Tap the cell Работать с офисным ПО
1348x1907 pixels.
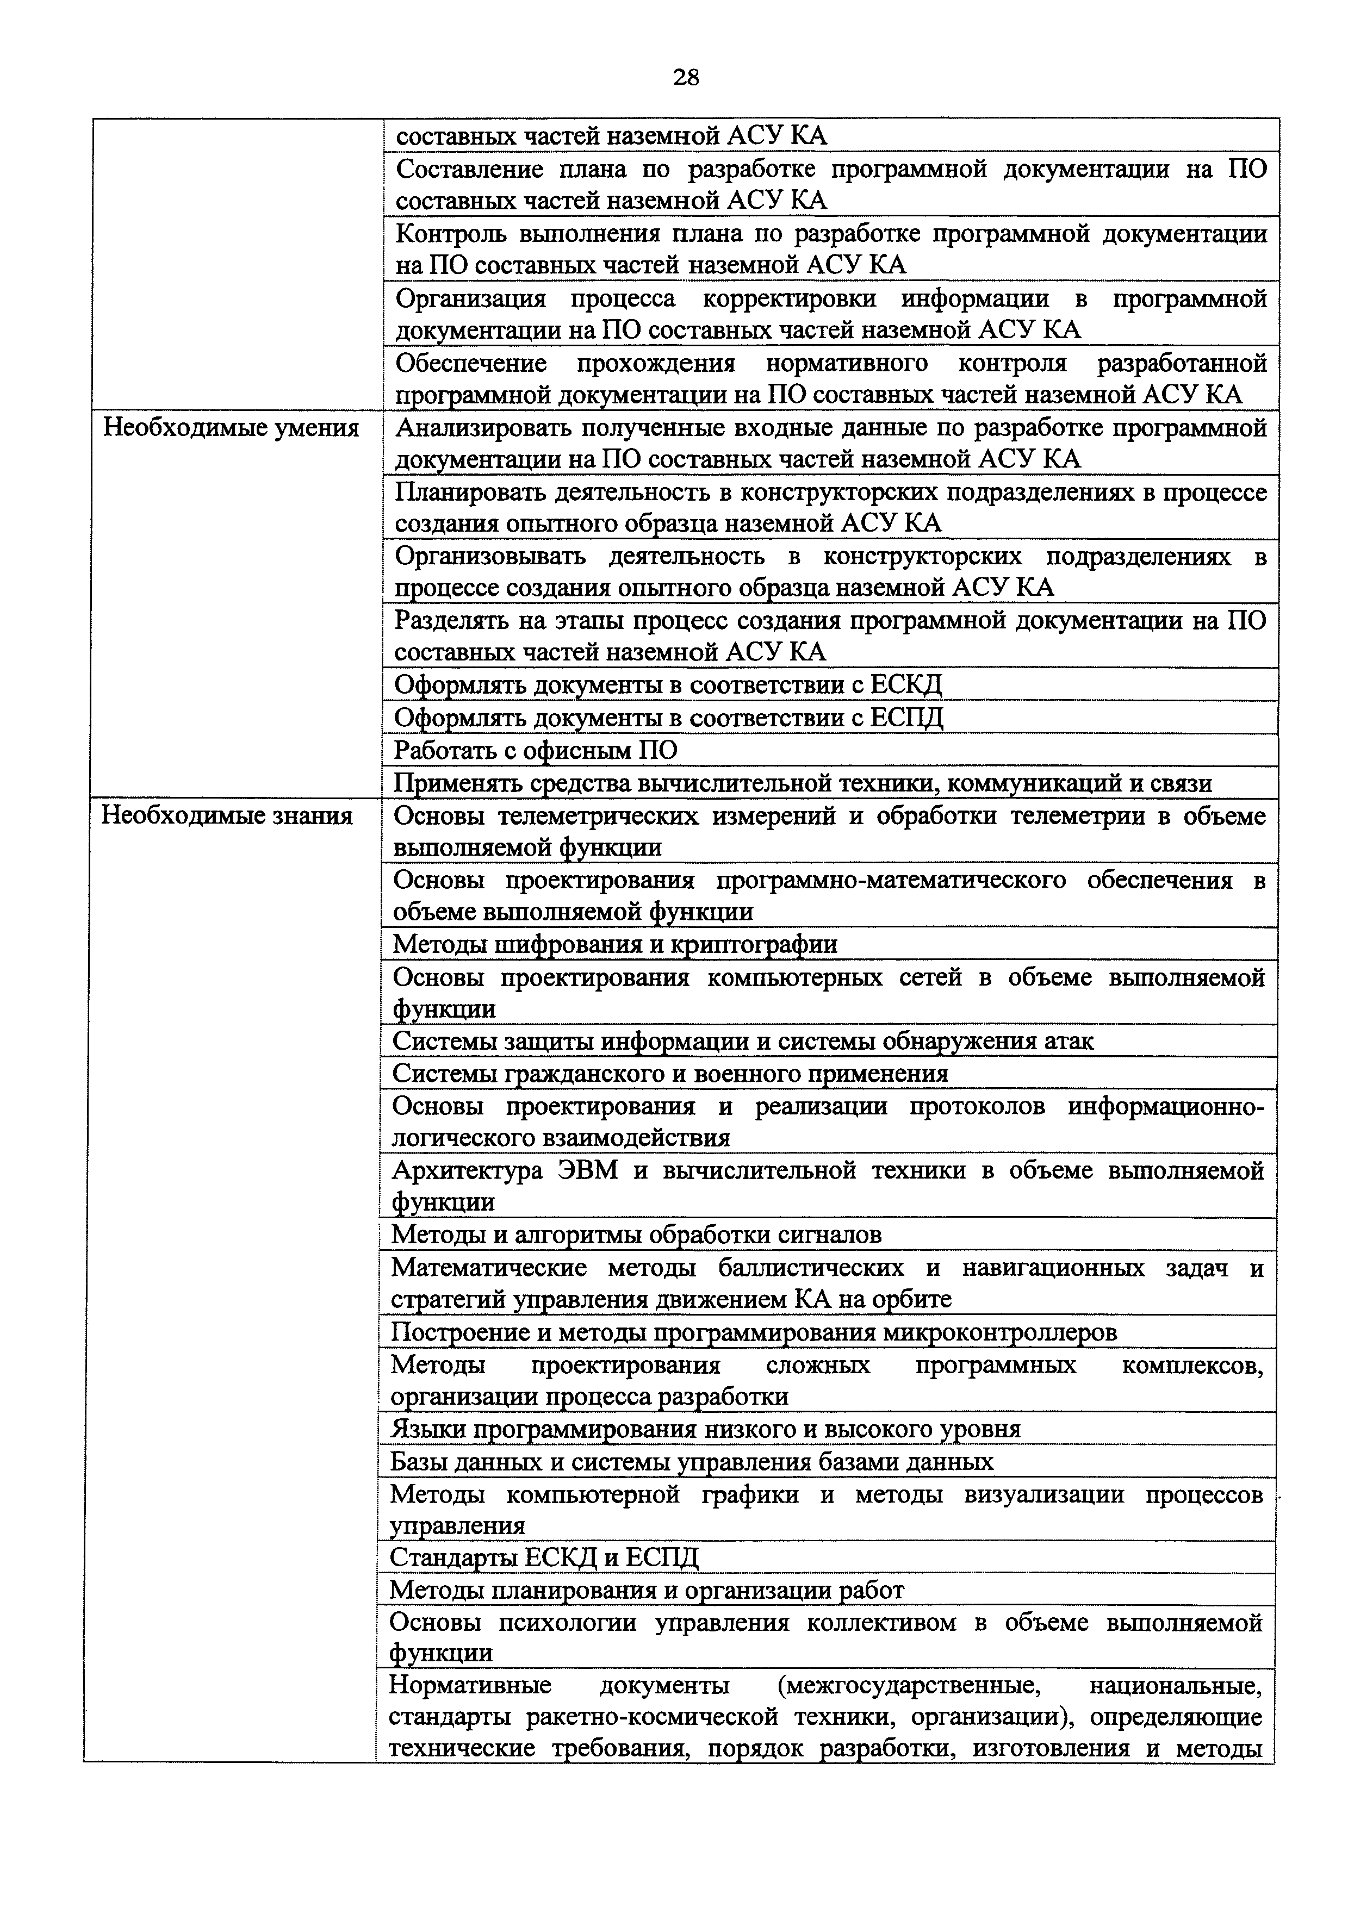click(x=535, y=751)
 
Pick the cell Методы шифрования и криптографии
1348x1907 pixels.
click(x=614, y=944)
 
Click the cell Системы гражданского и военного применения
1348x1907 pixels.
click(x=669, y=1074)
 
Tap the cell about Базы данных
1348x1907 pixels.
click(x=691, y=1462)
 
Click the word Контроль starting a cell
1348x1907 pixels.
click(x=449, y=234)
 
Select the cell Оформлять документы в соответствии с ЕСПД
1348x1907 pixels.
click(x=669, y=718)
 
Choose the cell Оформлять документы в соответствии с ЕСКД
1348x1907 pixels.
click(x=669, y=685)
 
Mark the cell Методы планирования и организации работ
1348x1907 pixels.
click(x=646, y=1590)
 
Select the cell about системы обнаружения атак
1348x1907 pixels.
click(x=743, y=1042)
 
